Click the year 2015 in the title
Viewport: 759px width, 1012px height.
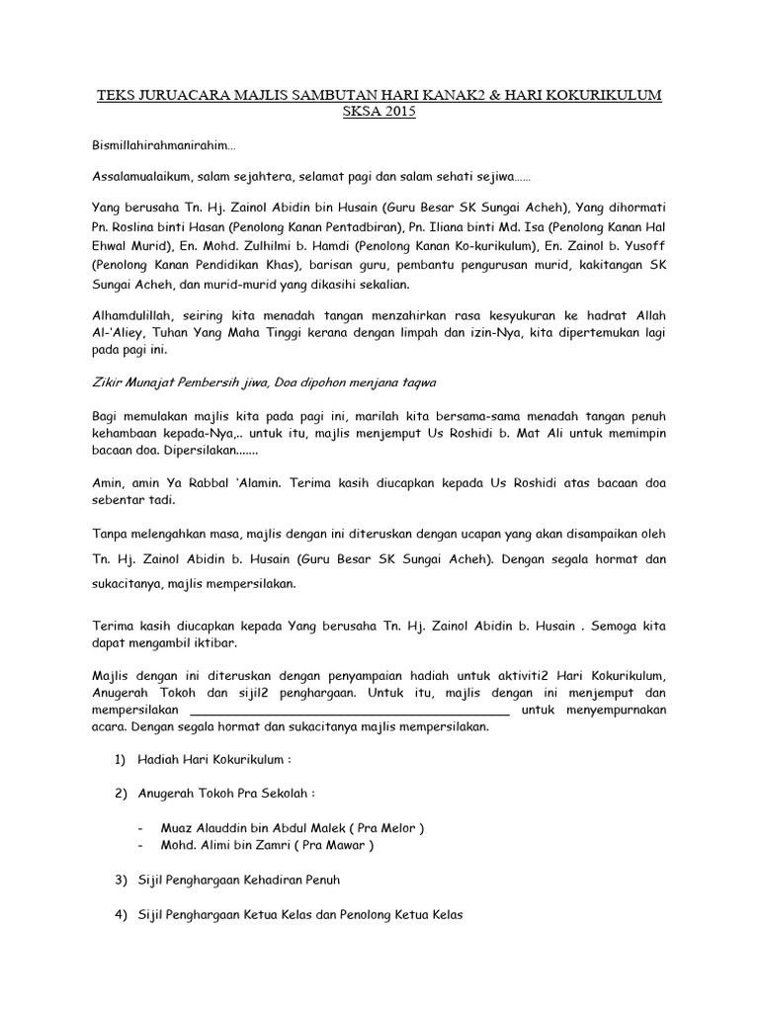click(399, 112)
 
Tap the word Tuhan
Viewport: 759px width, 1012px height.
click(165, 334)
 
